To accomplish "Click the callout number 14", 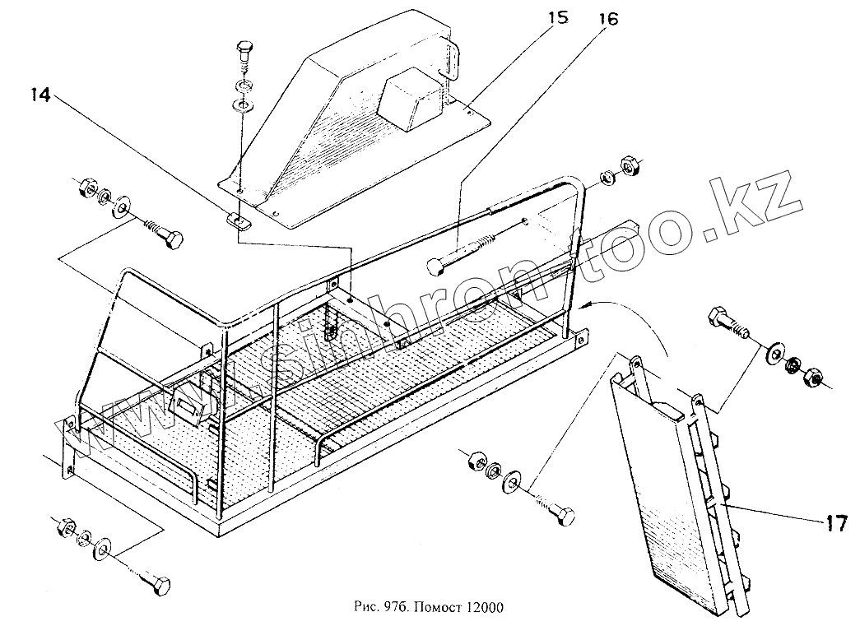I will click(x=41, y=95).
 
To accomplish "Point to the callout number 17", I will click(x=836, y=523).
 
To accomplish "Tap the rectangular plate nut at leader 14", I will click(x=237, y=221).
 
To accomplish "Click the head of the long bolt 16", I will click(x=436, y=266).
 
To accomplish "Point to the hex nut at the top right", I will click(x=632, y=167).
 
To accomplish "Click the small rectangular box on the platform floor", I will click(x=188, y=406).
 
